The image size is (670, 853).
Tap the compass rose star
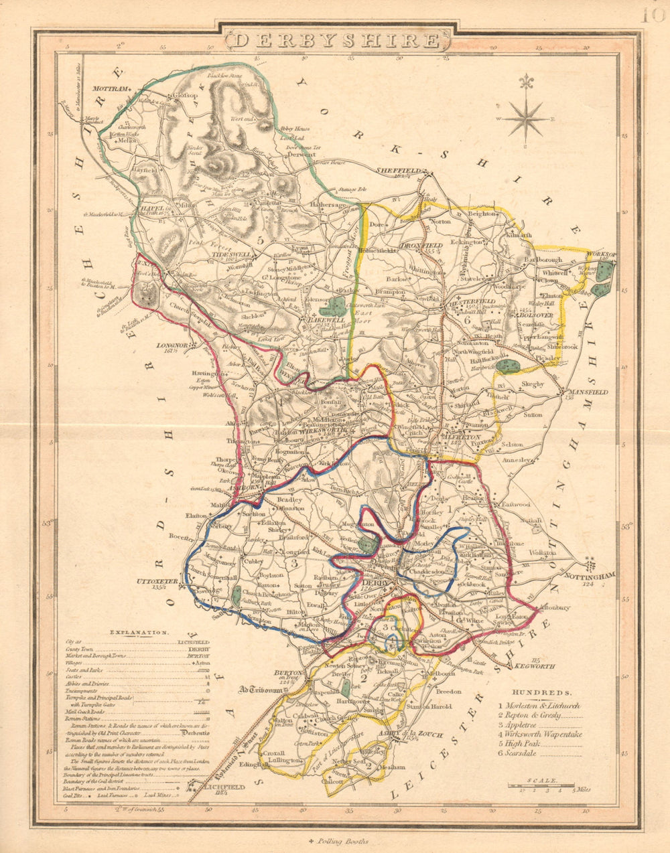pos(526,119)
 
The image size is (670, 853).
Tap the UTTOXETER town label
pos(151,581)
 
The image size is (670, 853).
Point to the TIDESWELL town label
pos(231,255)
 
